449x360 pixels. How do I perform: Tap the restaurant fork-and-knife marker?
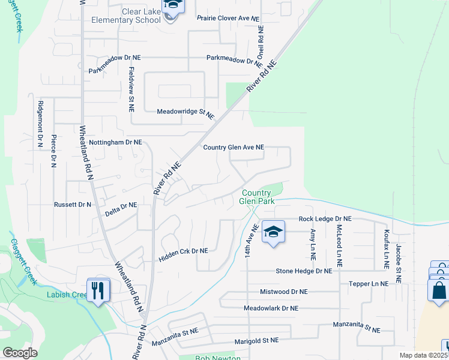point(97,290)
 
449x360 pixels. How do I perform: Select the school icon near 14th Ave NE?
point(273,232)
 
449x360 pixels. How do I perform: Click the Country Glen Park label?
point(258,197)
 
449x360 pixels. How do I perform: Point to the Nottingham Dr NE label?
point(115,143)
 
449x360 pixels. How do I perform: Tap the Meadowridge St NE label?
point(185,112)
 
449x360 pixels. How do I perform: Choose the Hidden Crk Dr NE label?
point(183,255)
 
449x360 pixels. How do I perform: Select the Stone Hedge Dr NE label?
point(304,271)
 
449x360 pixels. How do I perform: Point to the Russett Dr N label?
point(73,205)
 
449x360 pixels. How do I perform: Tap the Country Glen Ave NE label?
point(234,147)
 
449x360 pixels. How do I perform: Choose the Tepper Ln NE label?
point(368,283)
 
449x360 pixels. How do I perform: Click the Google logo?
point(19,353)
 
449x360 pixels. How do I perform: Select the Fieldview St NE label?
point(131,89)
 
